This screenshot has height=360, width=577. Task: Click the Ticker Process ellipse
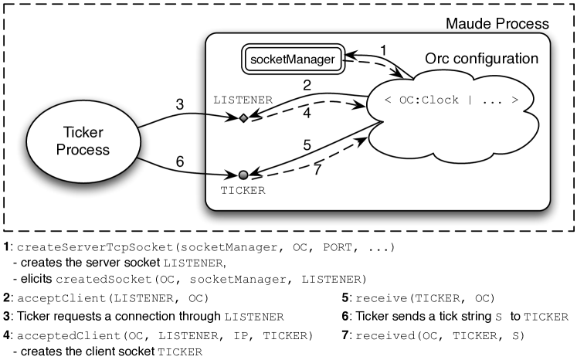pyautogui.click(x=83, y=140)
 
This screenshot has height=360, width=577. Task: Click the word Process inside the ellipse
pyautogui.click(x=83, y=149)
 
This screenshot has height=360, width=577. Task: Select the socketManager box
pyautogui.click(x=292, y=59)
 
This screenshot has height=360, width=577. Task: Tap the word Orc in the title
pyautogui.click(x=437, y=59)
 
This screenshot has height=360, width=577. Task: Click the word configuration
pyautogui.click(x=494, y=59)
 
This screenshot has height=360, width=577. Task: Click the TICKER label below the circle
pyautogui.click(x=243, y=191)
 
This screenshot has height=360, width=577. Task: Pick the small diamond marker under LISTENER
pyautogui.click(x=243, y=118)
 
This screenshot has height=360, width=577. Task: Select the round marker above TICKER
pyautogui.click(x=243, y=175)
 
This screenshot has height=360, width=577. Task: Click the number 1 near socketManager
pyautogui.click(x=383, y=51)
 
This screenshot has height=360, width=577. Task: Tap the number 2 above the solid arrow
pyautogui.click(x=307, y=85)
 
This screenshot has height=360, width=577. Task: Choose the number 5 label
pyautogui.click(x=307, y=144)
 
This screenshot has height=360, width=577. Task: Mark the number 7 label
pyautogui.click(x=317, y=169)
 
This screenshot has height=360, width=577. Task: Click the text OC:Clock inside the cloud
pyautogui.click(x=429, y=100)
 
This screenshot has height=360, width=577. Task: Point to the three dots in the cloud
pyautogui.click(x=492, y=100)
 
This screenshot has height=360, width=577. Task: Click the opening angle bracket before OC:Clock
pyautogui.click(x=388, y=100)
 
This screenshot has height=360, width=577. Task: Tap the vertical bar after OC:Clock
pyautogui.click(x=470, y=100)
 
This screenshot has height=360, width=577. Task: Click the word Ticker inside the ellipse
pyautogui.click(x=83, y=132)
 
